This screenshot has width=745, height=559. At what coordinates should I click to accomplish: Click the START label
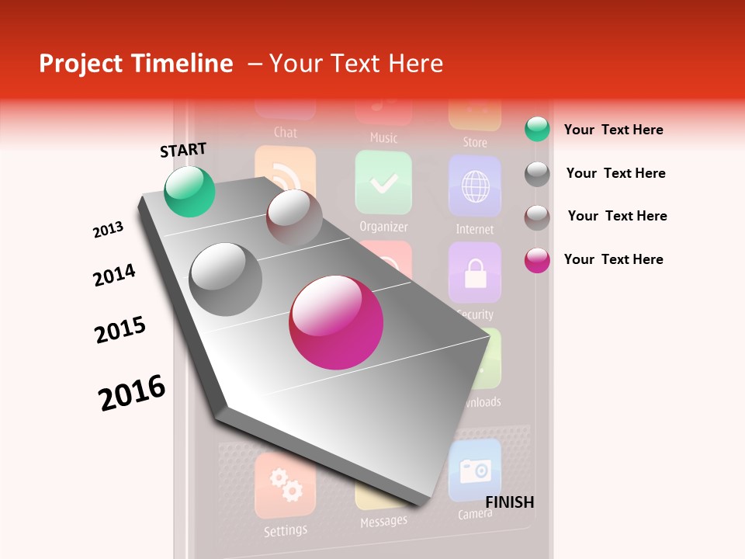pos(183,150)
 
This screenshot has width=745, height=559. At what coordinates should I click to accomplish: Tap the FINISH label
pos(510,502)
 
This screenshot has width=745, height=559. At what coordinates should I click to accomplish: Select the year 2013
pos(108,230)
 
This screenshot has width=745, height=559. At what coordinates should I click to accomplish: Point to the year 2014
pos(114,275)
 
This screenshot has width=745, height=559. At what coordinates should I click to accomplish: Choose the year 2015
pos(120,330)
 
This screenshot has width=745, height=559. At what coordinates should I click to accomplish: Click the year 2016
pos(132,392)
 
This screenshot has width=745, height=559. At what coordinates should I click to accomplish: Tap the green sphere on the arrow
pos(189,191)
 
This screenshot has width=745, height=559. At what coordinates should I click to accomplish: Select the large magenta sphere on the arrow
pos(336,322)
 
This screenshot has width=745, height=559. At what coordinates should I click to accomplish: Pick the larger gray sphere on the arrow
pos(226,279)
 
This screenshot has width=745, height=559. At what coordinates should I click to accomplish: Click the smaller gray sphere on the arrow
pos(294,217)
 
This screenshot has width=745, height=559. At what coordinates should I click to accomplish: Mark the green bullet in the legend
pos(537,130)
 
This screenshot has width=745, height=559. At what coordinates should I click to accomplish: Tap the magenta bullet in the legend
pos(537,260)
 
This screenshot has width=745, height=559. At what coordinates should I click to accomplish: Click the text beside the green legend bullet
pos(613,130)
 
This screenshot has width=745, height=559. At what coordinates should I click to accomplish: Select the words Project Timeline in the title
pos(136,64)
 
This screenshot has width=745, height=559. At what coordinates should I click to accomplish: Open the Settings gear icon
pos(285,485)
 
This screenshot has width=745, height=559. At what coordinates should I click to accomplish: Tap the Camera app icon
pos(474,470)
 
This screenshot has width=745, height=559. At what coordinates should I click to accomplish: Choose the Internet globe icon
pos(474,186)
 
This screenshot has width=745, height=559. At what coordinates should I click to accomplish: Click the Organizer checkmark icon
pos(383,182)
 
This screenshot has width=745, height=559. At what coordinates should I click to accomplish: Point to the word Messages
pos(383,521)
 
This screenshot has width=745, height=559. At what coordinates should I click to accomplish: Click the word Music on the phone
pos(383,138)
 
